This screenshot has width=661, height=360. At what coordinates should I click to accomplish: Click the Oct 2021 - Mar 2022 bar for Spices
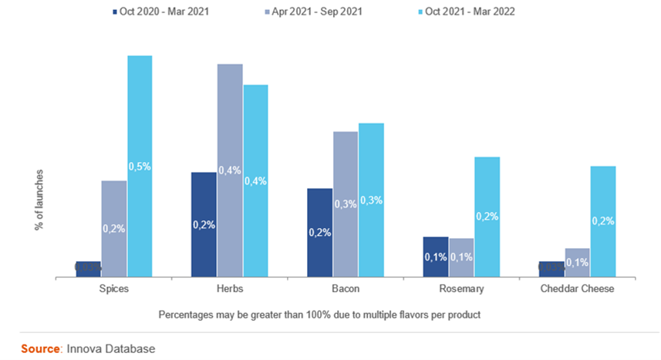(x=140, y=166)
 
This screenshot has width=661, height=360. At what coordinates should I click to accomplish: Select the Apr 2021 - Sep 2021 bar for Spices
(x=114, y=228)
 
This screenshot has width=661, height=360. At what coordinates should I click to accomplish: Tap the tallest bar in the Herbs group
(x=230, y=170)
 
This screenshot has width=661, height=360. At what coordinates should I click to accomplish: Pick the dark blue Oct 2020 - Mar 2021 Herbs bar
(x=204, y=224)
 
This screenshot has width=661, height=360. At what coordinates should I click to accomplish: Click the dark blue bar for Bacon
(x=320, y=232)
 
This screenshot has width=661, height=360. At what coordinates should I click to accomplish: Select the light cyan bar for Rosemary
(x=487, y=216)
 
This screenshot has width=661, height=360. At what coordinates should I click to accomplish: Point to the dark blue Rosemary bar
(x=436, y=256)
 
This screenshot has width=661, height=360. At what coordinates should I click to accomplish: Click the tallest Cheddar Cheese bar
(x=602, y=220)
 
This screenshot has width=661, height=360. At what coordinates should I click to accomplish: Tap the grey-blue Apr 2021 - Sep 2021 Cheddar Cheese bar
(x=577, y=262)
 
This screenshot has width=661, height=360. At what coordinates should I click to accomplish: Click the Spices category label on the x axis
(x=114, y=289)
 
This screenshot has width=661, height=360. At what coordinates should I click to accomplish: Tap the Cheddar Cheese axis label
(x=577, y=289)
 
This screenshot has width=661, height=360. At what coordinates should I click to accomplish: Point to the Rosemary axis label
(x=460, y=289)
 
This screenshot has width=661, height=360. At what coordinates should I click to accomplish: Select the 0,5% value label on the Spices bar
(x=140, y=167)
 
